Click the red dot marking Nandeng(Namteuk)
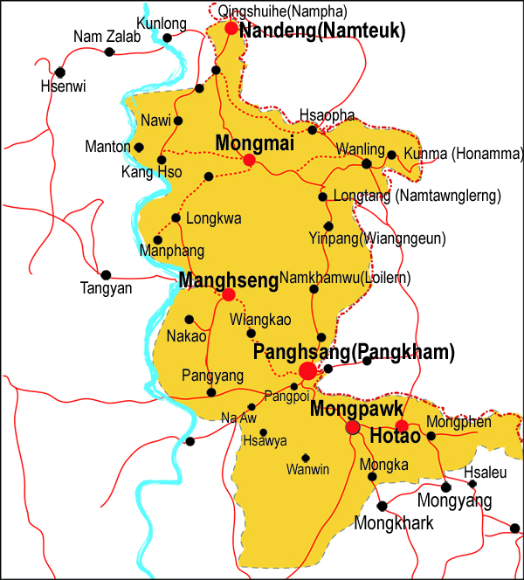coord(231,28)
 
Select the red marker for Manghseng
coord(228,294)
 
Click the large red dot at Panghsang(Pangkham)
coord(307,371)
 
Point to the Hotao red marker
coord(402,426)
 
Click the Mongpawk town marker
coord(353,427)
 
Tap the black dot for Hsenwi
coord(59,72)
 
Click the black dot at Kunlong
coord(168,38)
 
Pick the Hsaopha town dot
coord(312,130)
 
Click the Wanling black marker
coord(367,162)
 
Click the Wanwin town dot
coord(306,457)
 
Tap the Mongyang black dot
coord(446,487)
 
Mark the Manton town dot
coord(139,146)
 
